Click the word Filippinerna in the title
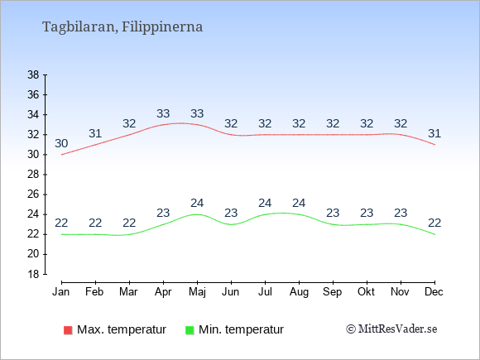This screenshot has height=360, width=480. click(x=162, y=26)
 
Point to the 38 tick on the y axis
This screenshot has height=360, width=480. click(x=33, y=74)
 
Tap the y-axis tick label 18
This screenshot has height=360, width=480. click(x=33, y=274)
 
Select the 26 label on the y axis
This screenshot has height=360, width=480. click(x=33, y=194)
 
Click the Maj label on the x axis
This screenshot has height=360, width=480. click(x=197, y=292)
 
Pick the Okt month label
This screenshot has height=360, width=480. click(x=367, y=292)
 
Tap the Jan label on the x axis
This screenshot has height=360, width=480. click(x=61, y=292)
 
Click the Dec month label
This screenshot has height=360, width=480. click(x=434, y=292)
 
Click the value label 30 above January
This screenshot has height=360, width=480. click(x=61, y=143)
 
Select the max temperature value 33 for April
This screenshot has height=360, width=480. click(x=163, y=113)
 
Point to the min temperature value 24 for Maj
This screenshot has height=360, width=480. click(x=197, y=203)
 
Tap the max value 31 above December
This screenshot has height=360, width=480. click(x=434, y=133)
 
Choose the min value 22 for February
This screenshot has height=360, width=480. click(x=95, y=223)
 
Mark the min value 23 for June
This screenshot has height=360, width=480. click(x=231, y=213)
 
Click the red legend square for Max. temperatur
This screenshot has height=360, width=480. click(x=68, y=330)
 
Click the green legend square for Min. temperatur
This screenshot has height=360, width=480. click(x=190, y=330)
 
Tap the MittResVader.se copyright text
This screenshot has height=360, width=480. click(x=391, y=329)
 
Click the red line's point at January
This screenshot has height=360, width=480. click(x=61, y=155)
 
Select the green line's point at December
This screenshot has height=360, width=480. click(x=434, y=234)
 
